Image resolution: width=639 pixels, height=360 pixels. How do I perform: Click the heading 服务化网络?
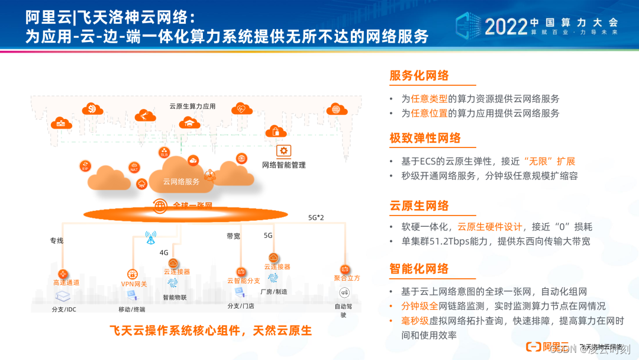point(419,76)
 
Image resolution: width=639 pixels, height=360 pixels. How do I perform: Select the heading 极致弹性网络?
point(425,139)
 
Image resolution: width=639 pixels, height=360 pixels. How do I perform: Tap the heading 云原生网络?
point(419,206)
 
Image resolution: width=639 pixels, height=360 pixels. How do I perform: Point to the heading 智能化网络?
point(419,268)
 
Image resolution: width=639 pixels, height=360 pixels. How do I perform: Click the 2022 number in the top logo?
point(506,25)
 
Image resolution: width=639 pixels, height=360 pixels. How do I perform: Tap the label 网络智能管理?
point(284,165)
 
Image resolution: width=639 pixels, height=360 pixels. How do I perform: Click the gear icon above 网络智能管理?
point(284,150)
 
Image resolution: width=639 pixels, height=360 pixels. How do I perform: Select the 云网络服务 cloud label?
point(182,181)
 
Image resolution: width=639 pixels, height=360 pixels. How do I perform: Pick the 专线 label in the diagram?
point(57,241)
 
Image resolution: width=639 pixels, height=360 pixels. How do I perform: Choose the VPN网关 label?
point(134,284)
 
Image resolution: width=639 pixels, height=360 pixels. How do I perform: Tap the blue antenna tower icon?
point(150,238)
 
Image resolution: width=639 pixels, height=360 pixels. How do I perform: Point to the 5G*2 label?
point(316,218)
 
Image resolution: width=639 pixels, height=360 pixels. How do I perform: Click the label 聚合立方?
point(347,278)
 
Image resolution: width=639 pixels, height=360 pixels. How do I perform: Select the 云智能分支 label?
point(244,281)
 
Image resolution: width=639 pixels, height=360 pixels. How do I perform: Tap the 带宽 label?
point(233,236)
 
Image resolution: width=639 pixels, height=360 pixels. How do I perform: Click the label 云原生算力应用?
point(192,107)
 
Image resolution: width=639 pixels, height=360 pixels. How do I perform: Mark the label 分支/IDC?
point(64,309)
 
